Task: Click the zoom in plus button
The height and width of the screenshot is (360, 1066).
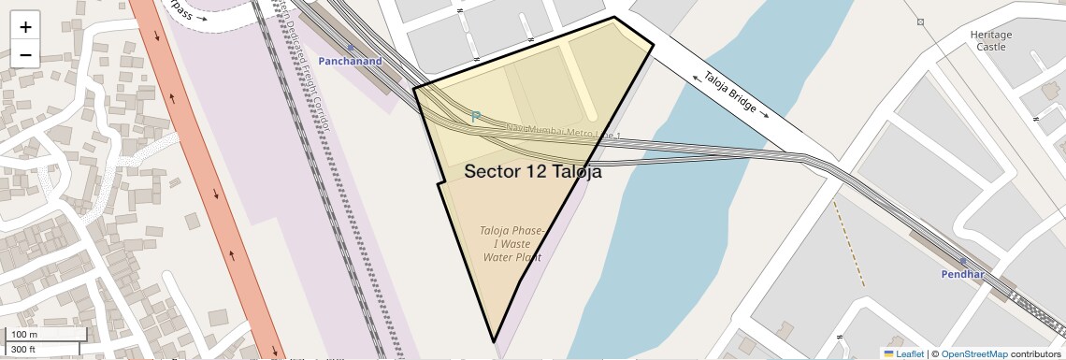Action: (25, 26)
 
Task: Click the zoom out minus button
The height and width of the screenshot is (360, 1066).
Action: (25, 54)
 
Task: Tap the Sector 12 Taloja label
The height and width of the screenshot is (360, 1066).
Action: (533, 172)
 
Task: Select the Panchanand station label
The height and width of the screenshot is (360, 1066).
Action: (351, 61)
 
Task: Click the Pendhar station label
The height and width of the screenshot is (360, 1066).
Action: (962, 275)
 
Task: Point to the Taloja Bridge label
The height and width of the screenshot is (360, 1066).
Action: (730, 94)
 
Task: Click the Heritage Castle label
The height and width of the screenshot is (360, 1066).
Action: (990, 40)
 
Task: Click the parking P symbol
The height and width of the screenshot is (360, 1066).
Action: (475, 117)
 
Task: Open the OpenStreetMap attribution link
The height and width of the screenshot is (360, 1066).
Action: (973, 353)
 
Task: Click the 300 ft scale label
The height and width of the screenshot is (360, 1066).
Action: (23, 350)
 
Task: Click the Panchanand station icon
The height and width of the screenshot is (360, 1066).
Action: (351, 47)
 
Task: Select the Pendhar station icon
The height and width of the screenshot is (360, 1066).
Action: (962, 261)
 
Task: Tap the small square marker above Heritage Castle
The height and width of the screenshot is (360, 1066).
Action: (921, 22)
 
